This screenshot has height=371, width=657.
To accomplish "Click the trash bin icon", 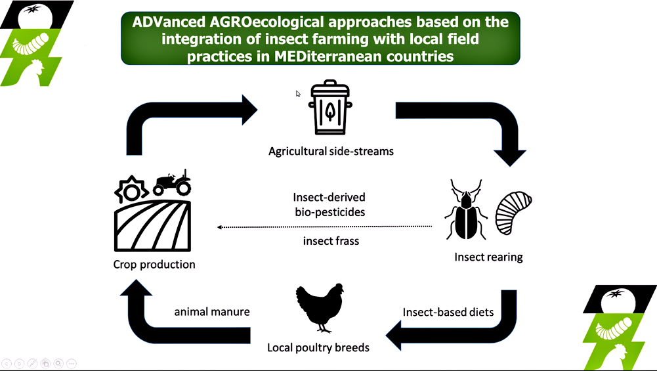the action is (x=330, y=107).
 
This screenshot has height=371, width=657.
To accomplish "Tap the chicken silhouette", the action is (x=320, y=308).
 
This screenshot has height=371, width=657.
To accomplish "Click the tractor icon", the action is (x=172, y=183).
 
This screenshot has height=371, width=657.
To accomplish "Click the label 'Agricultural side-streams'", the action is (x=331, y=151).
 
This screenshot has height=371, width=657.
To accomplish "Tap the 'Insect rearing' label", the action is (x=488, y=257).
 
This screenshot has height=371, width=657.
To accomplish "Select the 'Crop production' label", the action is (x=154, y=265).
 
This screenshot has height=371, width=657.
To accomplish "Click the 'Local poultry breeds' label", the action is (x=318, y=347).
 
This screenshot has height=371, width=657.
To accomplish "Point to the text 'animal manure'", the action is (x=212, y=311).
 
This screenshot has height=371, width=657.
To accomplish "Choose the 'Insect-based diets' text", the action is (x=448, y=312).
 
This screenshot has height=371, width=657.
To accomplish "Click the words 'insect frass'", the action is (x=331, y=240).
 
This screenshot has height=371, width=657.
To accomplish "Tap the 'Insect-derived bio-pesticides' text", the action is (x=329, y=205).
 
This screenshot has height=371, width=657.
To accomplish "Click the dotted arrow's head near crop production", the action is (x=219, y=227).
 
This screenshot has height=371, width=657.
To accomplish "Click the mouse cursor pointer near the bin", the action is (x=298, y=93).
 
